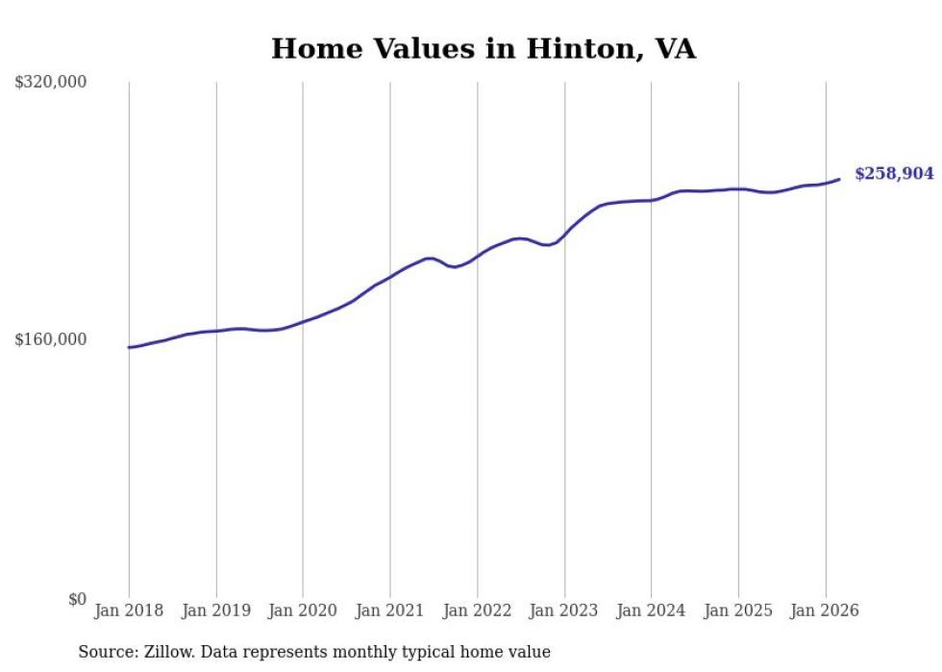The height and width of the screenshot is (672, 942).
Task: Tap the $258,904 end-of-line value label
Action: click(894, 174)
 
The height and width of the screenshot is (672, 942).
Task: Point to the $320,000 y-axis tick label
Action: click(51, 83)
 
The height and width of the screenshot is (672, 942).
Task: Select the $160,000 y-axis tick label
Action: click(51, 339)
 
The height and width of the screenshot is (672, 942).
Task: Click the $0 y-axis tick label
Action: click(77, 599)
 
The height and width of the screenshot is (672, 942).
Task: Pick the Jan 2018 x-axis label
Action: click(129, 610)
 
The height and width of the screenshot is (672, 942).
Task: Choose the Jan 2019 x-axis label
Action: click(216, 610)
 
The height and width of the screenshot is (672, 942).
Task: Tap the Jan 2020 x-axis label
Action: click(303, 610)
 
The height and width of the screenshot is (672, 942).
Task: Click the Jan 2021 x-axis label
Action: click(390, 610)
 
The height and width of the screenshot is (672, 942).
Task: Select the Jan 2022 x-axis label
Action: click(478, 610)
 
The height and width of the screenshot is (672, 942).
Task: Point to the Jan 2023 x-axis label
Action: click(564, 610)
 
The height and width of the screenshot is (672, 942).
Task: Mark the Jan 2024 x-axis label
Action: click(652, 610)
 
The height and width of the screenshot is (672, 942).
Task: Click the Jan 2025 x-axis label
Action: click(738, 610)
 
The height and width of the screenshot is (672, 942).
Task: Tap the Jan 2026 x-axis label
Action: click(826, 610)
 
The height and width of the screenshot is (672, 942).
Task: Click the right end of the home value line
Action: click(839, 179)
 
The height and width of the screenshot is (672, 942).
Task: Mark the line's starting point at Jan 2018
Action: click(129, 347)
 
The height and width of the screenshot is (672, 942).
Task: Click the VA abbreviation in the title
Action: click(675, 49)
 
